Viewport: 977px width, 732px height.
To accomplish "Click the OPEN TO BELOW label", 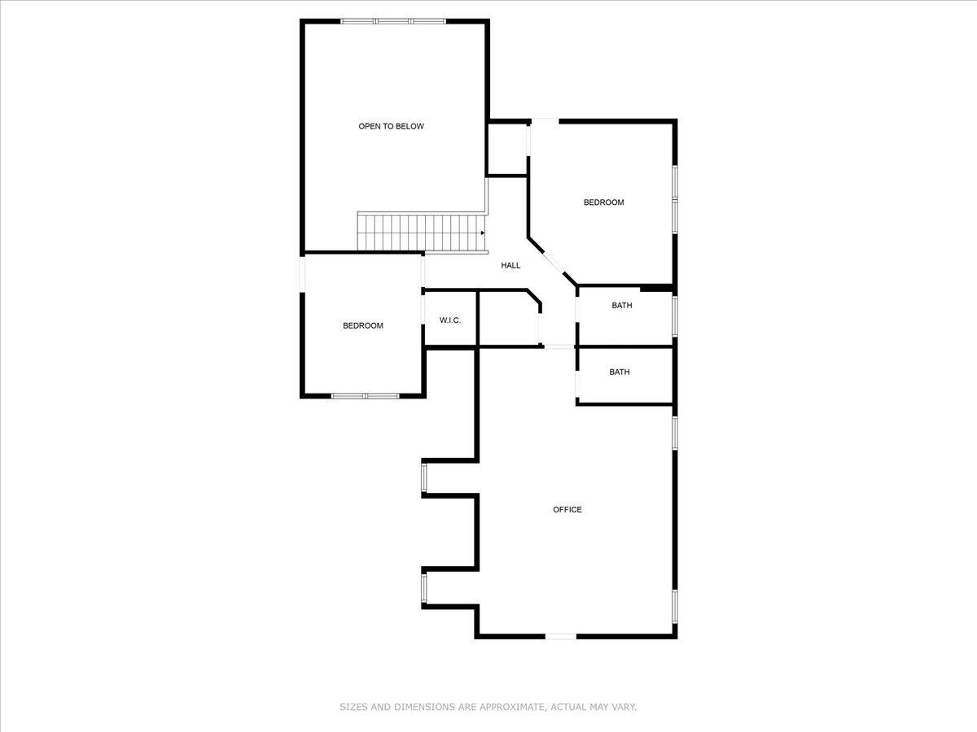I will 391,126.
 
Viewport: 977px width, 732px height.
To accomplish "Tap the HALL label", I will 510,265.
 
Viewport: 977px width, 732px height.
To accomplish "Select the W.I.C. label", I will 450,320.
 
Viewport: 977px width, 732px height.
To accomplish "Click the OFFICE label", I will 567,510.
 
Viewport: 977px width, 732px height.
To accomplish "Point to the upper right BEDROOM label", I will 603,203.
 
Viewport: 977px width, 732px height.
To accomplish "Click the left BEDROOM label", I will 362,326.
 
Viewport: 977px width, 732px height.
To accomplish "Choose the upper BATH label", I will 622,306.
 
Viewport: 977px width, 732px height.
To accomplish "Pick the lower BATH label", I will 620,373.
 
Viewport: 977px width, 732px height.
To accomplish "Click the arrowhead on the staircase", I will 483,232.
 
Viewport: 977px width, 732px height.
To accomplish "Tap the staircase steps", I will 419,233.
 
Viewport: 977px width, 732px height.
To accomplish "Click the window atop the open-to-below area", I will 393,21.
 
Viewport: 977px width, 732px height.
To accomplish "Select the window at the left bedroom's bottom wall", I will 365,396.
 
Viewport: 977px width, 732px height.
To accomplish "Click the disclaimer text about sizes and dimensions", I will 488,708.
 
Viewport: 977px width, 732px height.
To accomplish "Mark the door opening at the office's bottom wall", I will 560,636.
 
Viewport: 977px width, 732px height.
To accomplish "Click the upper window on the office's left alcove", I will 423,477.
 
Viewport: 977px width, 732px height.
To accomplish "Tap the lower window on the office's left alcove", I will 423,589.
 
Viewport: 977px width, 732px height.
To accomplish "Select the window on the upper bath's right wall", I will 675,316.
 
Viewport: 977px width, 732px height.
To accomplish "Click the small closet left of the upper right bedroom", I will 507,149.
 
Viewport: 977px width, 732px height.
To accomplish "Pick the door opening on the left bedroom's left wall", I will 302,273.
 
